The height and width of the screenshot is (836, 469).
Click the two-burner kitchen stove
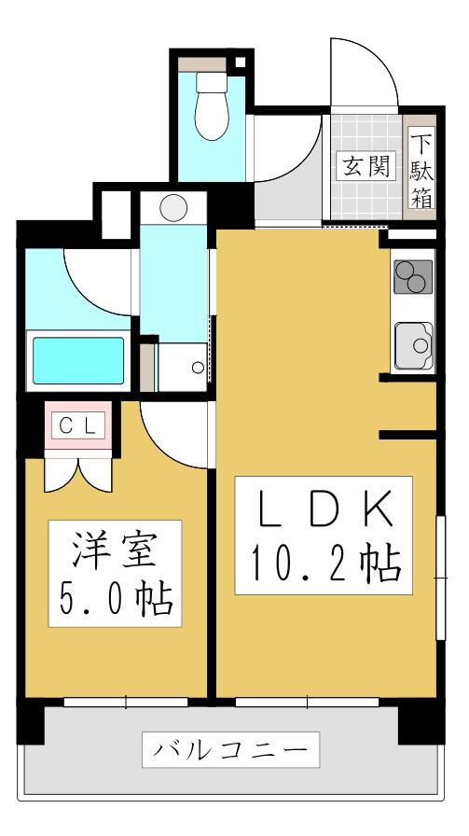[x=413, y=277]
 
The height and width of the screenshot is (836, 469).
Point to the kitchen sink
[x=414, y=346]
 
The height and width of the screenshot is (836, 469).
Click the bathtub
[x=78, y=360]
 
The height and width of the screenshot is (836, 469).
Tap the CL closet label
[x=79, y=425]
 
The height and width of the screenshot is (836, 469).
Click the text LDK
[x=324, y=509]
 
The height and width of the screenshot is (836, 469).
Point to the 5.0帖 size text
[x=116, y=599]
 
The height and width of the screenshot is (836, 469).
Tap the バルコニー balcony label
[x=230, y=749]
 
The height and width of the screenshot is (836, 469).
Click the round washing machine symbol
[x=173, y=207]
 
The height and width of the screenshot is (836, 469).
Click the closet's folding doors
[x=78, y=471]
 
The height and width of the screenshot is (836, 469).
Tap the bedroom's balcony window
[x=126, y=703]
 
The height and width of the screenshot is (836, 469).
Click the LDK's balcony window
[x=307, y=703]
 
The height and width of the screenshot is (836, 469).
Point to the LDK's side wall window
[x=441, y=578]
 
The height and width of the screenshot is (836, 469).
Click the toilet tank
[x=212, y=82]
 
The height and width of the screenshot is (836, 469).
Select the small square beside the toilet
[x=241, y=62]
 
